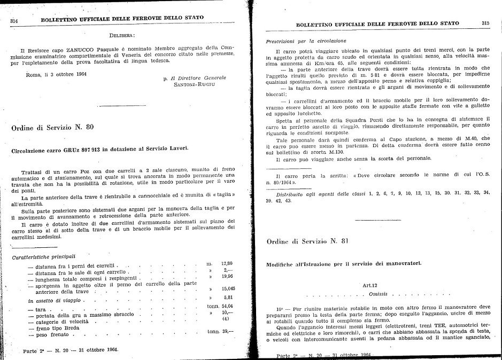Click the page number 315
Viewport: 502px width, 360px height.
[x=485, y=23]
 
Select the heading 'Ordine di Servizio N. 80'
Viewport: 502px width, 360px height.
[x=52, y=127]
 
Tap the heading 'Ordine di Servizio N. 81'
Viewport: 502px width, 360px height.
[x=307, y=241]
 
